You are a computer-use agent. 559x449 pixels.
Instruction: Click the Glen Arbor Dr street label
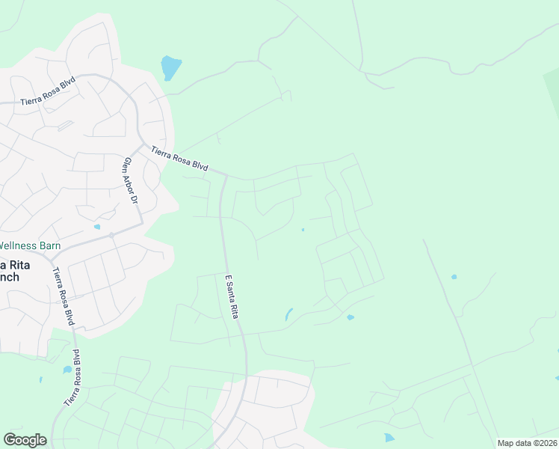pyautogui.click(x=131, y=182)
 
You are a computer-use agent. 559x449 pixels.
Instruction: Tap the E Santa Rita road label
pyautogui.click(x=231, y=297)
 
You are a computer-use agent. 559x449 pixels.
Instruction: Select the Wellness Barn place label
pyautogui.click(x=30, y=245)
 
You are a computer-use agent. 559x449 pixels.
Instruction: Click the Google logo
pyautogui.click(x=25, y=440)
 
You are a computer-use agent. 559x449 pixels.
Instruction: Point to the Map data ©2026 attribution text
pyautogui.click(x=527, y=443)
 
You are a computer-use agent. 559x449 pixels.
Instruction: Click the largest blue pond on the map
pyautogui.click(x=170, y=67)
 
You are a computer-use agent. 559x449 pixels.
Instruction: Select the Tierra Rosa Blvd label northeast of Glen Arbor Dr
pyautogui.click(x=179, y=159)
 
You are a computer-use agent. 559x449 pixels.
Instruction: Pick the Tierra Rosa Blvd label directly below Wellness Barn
pyautogui.click(x=64, y=296)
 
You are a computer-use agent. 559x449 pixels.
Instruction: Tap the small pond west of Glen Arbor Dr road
pyautogui.click(x=97, y=226)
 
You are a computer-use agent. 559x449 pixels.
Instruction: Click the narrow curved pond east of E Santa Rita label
pyautogui.click(x=288, y=314)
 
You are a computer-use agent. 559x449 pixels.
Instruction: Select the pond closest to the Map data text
pyautogui.click(x=388, y=437)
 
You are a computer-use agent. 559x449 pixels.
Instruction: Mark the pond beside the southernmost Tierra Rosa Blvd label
pyautogui.click(x=67, y=370)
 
